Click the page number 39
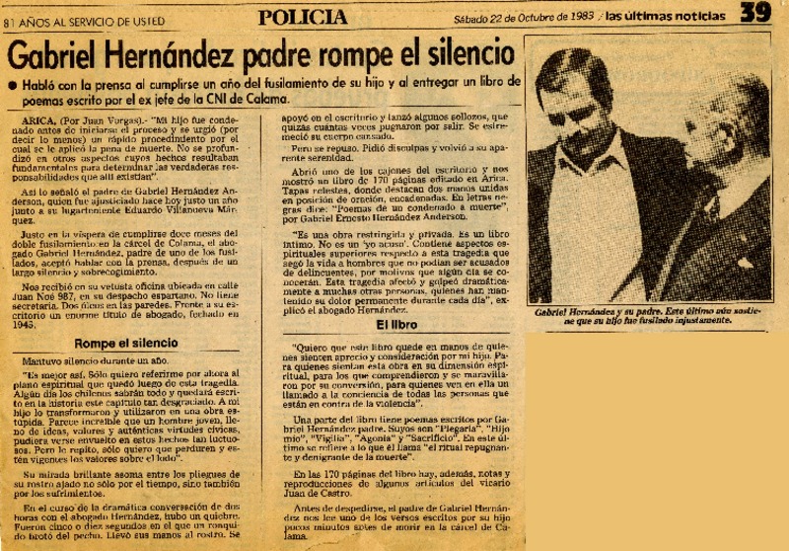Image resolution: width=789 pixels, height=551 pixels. [x=755, y=14]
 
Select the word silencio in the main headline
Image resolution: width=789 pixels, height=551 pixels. [x=465, y=53]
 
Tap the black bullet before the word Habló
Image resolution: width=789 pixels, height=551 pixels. [x=12, y=87]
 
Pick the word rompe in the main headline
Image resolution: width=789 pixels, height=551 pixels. [x=361, y=54]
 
